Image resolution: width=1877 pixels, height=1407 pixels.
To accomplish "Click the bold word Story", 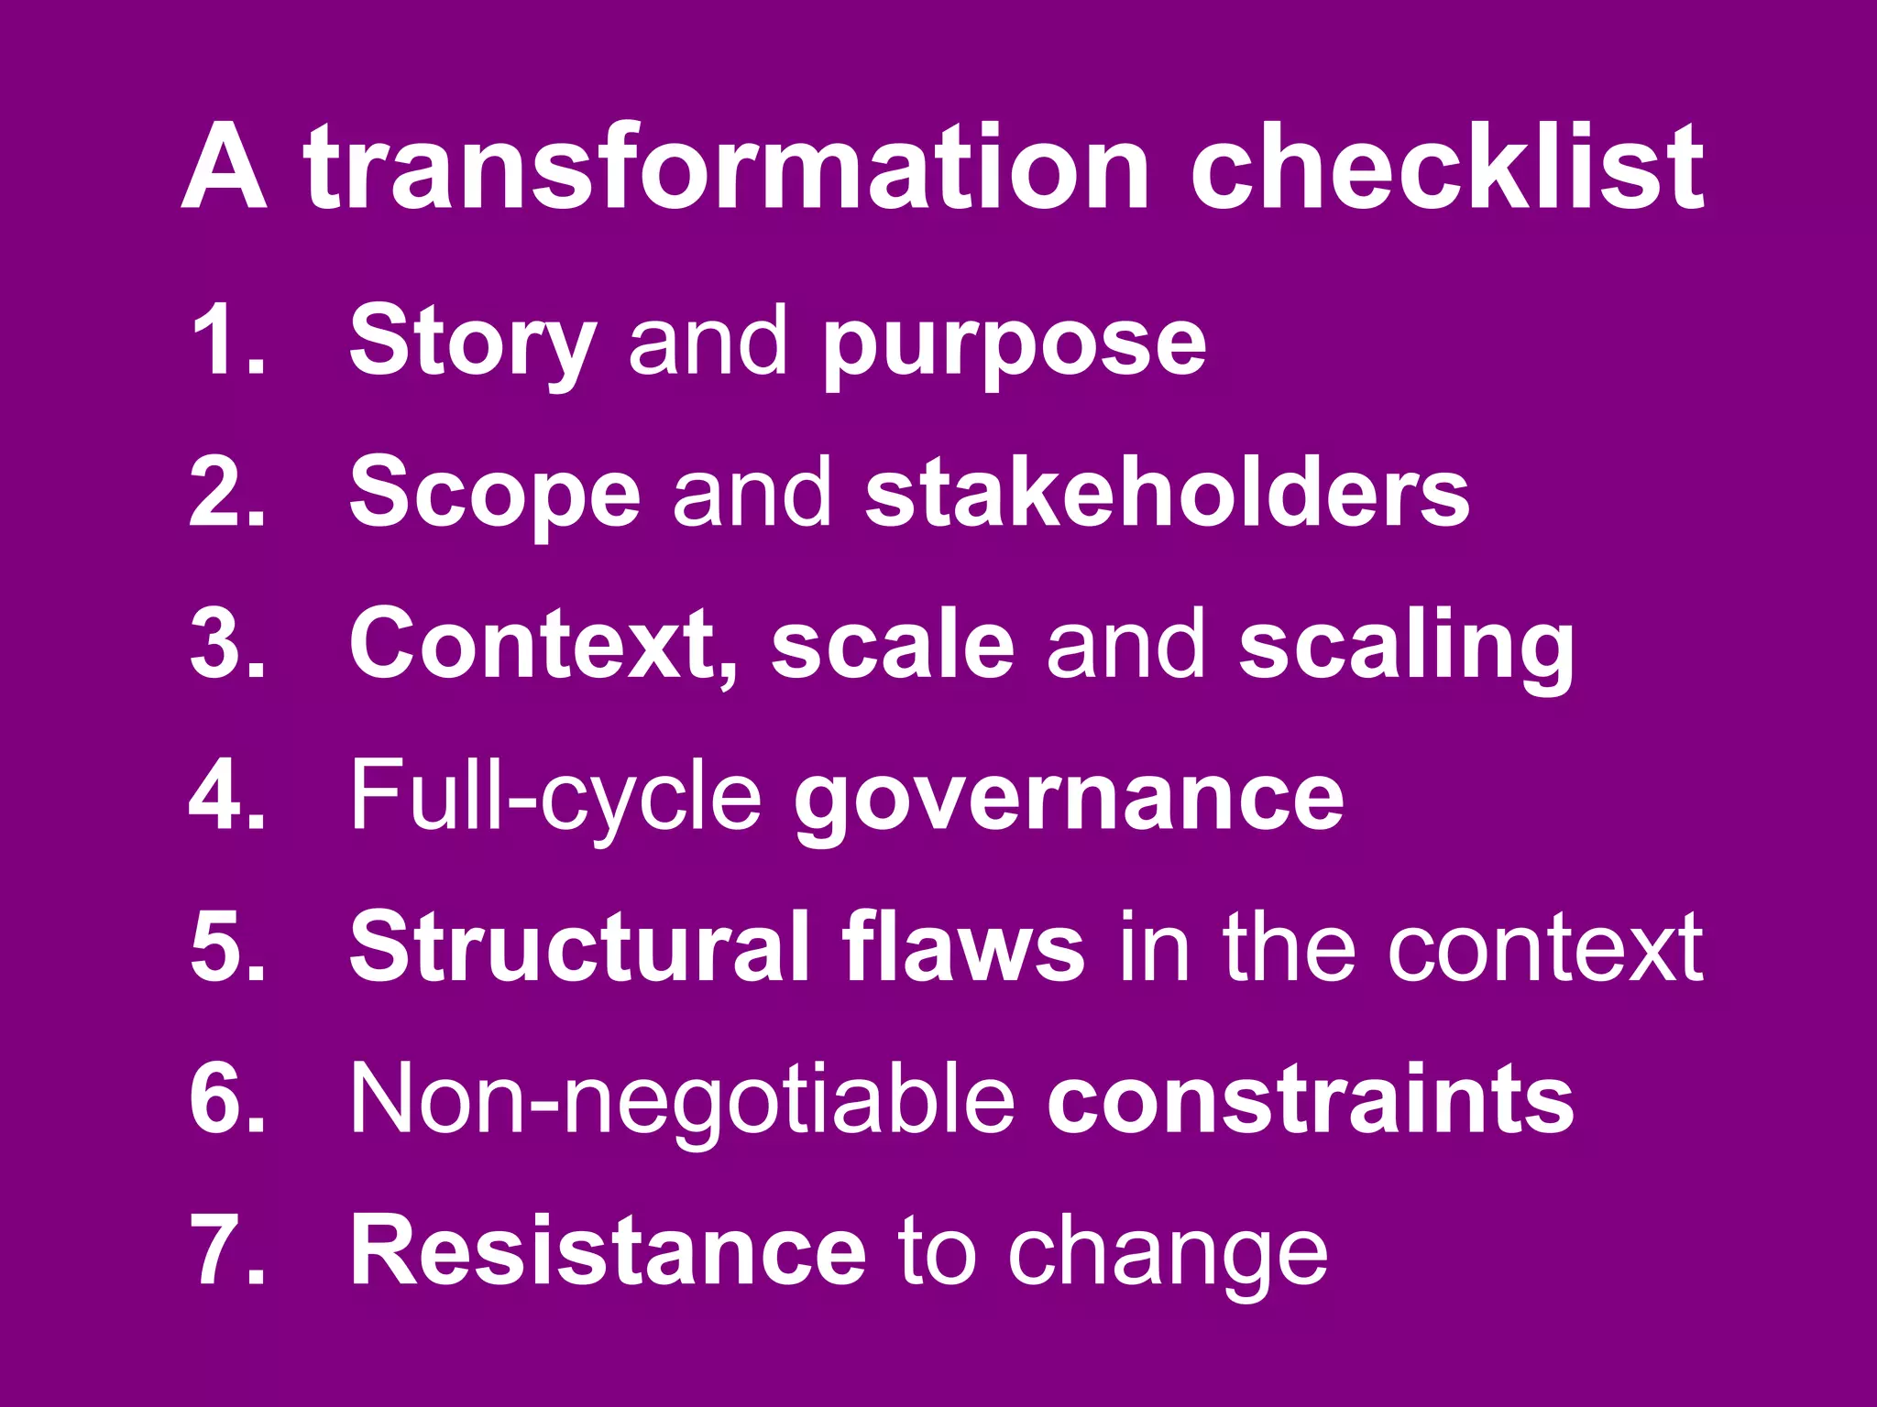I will (x=473, y=342).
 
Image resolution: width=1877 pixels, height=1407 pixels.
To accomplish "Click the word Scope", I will (x=495, y=495).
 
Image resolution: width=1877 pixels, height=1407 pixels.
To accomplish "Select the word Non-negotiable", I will (x=682, y=1100).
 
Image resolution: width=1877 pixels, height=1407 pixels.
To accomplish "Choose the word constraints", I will (x=1310, y=1098).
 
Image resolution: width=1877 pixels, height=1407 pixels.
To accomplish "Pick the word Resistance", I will (x=607, y=1250).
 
